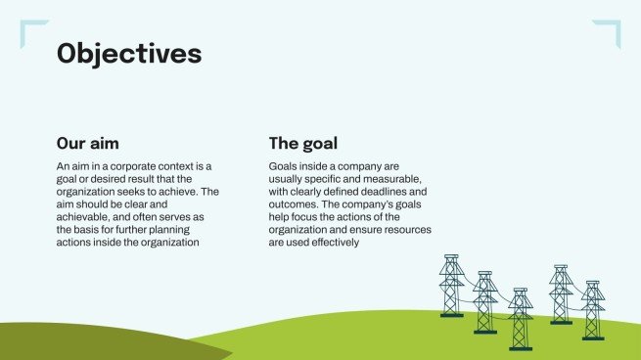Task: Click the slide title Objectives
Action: [129, 53]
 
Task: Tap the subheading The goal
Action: [303, 143]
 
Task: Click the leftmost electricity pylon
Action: [451, 286]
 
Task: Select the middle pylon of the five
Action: [520, 318]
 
